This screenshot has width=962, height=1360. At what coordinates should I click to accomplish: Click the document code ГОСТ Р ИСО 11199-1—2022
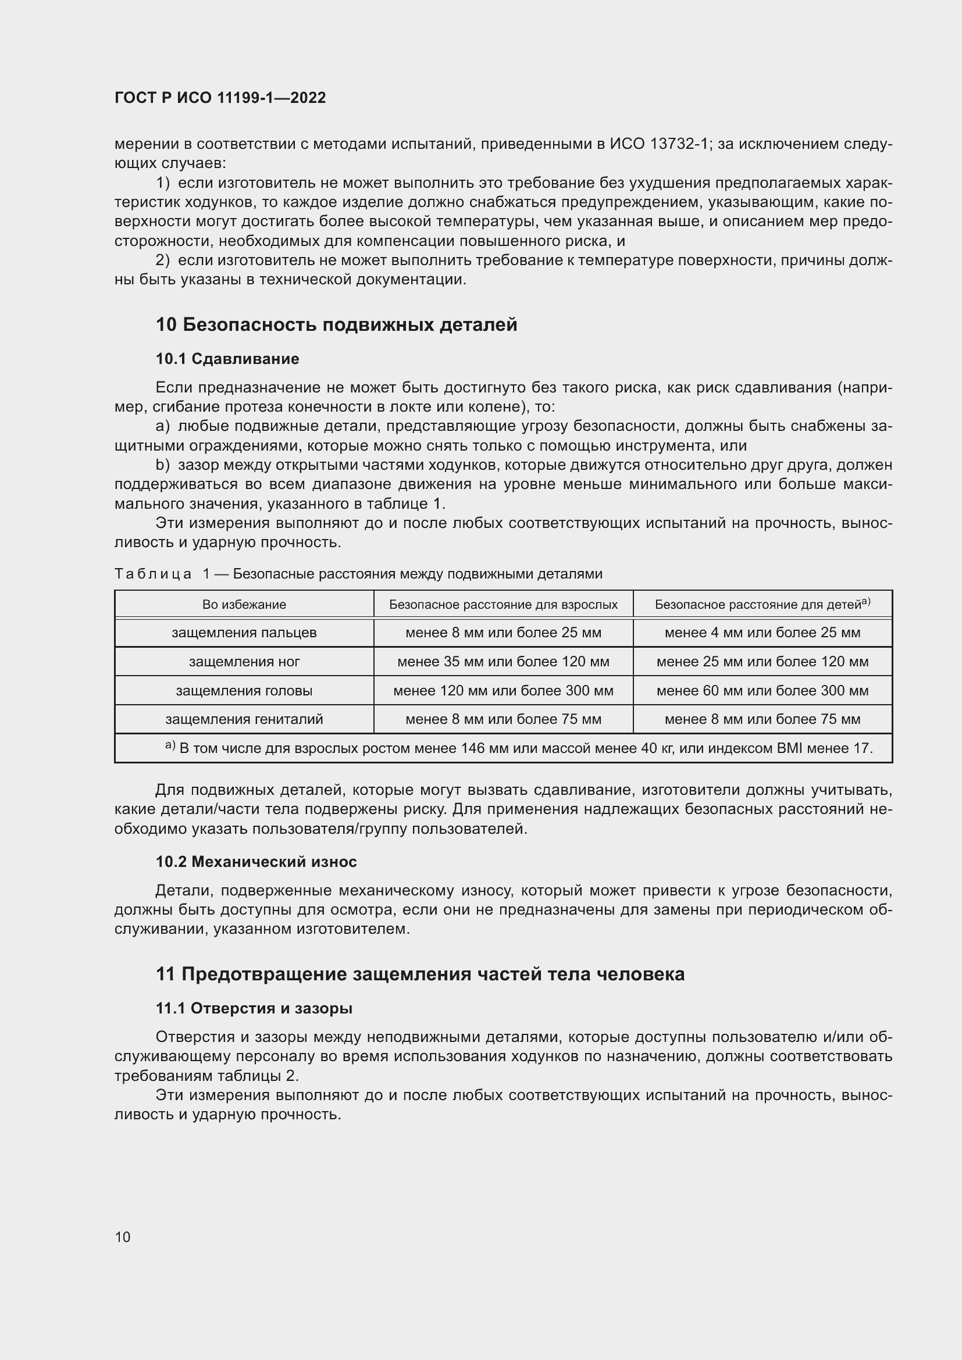pos(220,98)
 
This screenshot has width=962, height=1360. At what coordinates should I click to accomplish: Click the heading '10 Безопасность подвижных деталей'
pos(336,324)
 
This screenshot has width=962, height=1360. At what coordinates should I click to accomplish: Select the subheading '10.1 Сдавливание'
pos(227,359)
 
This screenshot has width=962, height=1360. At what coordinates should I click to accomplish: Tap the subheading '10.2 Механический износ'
pos(256,861)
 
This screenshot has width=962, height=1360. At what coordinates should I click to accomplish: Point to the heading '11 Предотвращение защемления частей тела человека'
pos(420,975)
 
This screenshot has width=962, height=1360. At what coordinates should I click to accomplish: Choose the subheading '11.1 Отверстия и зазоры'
pos(254,1008)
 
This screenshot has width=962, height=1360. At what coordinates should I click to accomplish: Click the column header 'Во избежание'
pos(244,605)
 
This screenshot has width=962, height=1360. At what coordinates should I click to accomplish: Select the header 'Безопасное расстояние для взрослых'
pos(503,605)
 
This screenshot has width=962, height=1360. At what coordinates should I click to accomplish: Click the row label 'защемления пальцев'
pos(244,633)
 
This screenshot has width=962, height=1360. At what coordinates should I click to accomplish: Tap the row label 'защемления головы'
pos(244,691)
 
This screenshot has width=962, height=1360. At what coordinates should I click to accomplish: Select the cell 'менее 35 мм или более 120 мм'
pos(503,662)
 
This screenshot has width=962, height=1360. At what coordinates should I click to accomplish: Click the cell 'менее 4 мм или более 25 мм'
pos(763,633)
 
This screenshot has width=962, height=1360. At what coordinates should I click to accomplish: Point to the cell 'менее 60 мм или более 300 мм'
pos(763,691)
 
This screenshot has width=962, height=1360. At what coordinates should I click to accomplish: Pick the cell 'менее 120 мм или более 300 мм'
pos(503,691)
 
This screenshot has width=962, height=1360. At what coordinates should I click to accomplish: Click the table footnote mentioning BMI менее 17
pos(525,748)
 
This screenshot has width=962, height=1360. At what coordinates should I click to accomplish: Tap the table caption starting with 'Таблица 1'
pos(358,574)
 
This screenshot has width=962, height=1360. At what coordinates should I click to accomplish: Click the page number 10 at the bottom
pos(123,1237)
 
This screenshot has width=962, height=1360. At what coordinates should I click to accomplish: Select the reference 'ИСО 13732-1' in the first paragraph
pos(659,144)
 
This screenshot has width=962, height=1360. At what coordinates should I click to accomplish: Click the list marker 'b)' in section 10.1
pos(162,465)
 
